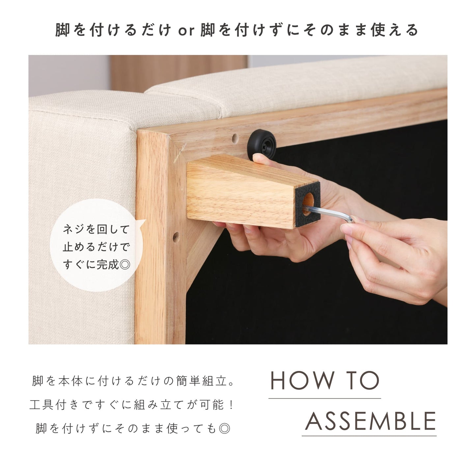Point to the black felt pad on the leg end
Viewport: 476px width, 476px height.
pos(308,205)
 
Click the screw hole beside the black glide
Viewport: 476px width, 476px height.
pos(235,139)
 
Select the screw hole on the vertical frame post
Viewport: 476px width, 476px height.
pos(176,237)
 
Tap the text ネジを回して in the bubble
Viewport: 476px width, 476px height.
pos(96,230)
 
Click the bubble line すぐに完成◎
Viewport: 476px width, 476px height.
pos(97,265)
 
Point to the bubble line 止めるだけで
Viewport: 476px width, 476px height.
pos(96,247)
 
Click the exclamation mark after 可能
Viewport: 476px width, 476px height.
pos(231,405)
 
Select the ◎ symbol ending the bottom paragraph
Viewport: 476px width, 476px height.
pos(224,429)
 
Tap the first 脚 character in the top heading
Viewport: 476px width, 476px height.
pos(63,30)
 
